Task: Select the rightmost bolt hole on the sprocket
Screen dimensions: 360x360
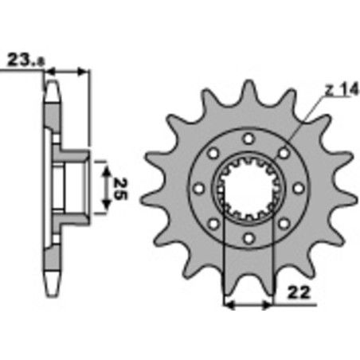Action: click(299, 188)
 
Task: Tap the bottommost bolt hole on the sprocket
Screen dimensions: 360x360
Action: click(248, 238)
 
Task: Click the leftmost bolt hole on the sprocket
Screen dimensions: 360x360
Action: click(198, 188)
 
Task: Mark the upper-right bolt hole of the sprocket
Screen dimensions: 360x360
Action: click(284, 153)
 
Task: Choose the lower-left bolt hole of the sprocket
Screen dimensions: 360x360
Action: click(213, 224)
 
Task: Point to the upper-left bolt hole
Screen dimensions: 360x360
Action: click(213, 153)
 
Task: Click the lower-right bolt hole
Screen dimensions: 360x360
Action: click(284, 224)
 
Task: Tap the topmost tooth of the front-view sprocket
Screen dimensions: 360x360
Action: click(249, 89)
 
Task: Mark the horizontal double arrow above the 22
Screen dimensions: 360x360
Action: click(248, 303)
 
